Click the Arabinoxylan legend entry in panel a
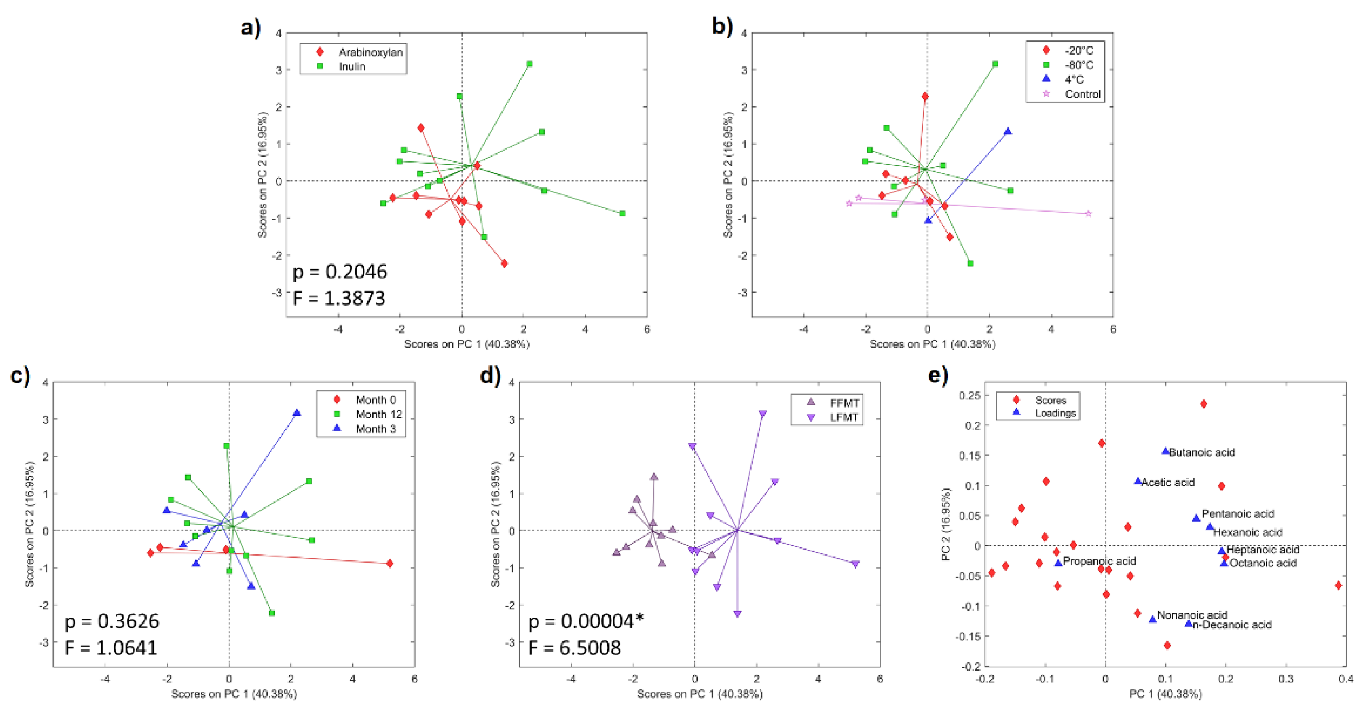coord(370,52)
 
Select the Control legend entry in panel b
coord(1082,94)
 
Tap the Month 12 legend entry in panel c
coord(379,414)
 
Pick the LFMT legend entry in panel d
coord(844,417)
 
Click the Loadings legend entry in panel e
coord(1055,413)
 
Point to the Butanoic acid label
coord(1201,453)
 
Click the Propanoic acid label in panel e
coord(1099,562)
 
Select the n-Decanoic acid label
coord(1232,625)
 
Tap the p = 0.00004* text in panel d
coord(586,621)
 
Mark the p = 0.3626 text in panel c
coord(111,621)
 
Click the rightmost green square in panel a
coord(622,213)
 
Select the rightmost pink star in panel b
coord(1088,213)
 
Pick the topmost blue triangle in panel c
coord(297,413)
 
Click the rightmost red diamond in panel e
coord(1338,585)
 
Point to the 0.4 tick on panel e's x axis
coord(1346,679)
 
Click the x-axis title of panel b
coord(932,344)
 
